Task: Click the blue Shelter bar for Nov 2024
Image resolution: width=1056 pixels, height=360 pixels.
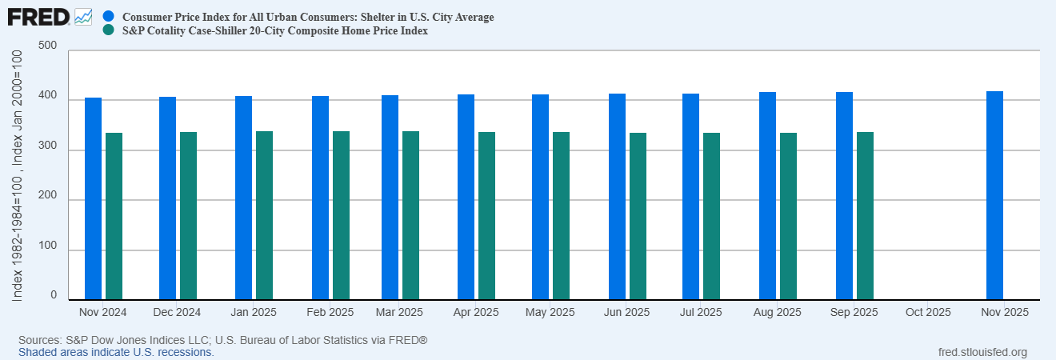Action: (93, 198)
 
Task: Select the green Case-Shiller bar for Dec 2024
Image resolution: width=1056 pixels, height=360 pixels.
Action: (188, 216)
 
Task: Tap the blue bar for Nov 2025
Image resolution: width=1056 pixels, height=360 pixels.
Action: (994, 195)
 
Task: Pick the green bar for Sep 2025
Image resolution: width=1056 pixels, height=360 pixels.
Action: (865, 216)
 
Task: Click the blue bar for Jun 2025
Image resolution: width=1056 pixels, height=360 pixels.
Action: (617, 197)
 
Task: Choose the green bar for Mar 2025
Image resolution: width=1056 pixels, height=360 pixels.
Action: (410, 215)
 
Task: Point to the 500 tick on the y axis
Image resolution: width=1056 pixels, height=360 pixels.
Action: (47, 46)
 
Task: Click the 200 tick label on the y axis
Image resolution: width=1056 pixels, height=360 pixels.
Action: (47, 195)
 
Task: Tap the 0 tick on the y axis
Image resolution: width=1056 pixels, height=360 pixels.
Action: (54, 295)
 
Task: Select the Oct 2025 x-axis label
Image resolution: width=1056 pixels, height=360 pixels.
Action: (928, 312)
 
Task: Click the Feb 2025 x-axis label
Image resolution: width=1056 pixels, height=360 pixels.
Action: (330, 312)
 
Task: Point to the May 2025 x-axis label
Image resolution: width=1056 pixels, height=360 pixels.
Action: (550, 312)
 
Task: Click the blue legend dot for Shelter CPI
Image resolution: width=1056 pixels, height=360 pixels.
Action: (109, 17)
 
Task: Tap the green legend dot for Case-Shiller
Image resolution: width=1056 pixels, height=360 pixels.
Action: (109, 30)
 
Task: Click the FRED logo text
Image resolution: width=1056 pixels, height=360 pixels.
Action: (38, 18)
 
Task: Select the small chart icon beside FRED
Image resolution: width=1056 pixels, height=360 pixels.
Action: (83, 18)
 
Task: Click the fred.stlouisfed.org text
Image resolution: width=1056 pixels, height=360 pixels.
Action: (982, 352)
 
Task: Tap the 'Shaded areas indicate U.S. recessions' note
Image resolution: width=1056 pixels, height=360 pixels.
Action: (116, 352)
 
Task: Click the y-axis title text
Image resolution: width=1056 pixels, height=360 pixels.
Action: (17, 176)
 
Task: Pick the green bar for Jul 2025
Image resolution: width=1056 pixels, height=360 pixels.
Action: (711, 216)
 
